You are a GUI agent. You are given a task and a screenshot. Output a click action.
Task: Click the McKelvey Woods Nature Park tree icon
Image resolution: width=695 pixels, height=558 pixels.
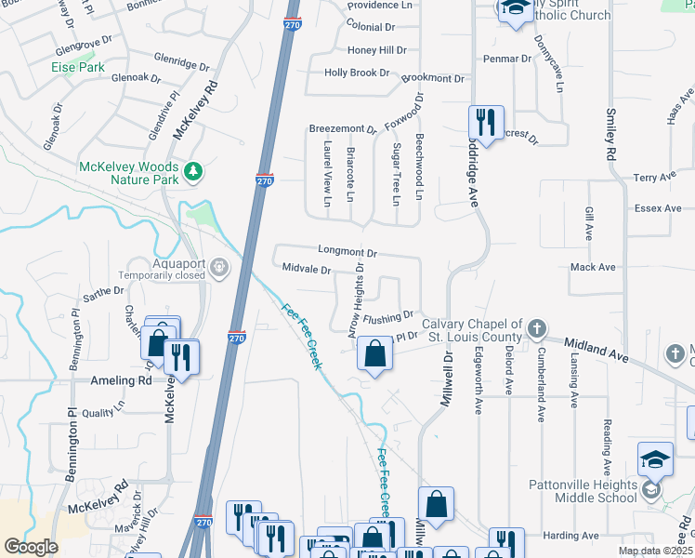[x=193, y=171]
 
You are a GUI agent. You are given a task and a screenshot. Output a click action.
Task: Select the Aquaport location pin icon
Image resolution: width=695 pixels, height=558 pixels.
[x=219, y=269]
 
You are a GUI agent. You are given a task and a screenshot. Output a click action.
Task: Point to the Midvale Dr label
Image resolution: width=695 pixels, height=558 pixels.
[x=306, y=270]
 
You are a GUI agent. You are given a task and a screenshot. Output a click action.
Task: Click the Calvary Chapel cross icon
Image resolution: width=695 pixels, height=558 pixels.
[x=536, y=328]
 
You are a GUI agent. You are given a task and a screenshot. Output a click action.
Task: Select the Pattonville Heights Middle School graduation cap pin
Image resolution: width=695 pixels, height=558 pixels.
[x=655, y=459]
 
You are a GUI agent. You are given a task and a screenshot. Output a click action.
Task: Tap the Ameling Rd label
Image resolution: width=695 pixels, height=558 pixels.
[x=121, y=381]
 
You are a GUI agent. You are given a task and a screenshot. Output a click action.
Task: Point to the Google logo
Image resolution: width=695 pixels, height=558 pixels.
[x=31, y=547]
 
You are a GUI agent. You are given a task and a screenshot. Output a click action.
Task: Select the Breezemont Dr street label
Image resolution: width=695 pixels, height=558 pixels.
[x=342, y=129]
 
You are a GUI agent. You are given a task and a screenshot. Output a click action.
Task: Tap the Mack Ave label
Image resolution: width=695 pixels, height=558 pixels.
[x=593, y=267]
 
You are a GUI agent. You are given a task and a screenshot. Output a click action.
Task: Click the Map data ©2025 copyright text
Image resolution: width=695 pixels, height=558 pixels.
[x=655, y=551]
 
